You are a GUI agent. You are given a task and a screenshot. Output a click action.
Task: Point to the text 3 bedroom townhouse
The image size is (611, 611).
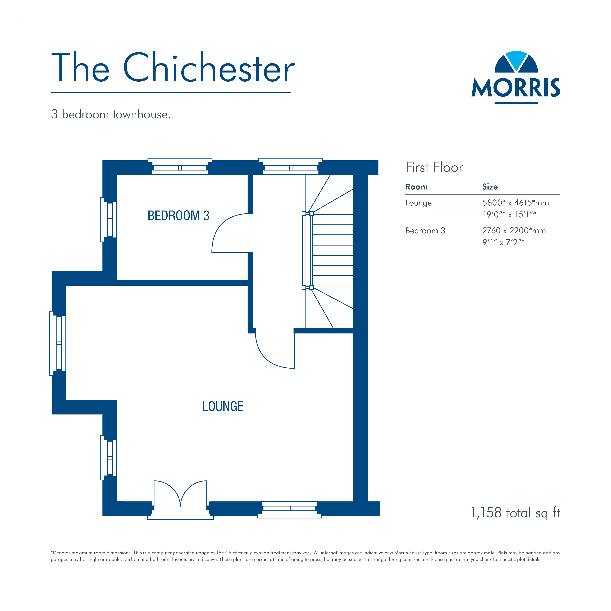click(111, 114)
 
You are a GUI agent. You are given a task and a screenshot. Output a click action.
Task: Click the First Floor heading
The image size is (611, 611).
click(434, 167)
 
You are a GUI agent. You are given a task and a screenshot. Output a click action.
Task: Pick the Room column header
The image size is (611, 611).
click(416, 187)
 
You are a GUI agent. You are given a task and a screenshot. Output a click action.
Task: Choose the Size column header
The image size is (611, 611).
click(490, 187)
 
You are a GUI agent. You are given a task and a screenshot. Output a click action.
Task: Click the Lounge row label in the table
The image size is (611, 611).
click(418, 203)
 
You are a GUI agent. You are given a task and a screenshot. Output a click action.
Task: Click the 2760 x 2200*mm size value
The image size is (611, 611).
click(514, 231)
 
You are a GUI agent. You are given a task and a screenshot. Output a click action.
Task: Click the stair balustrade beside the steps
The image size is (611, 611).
click(307, 250)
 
